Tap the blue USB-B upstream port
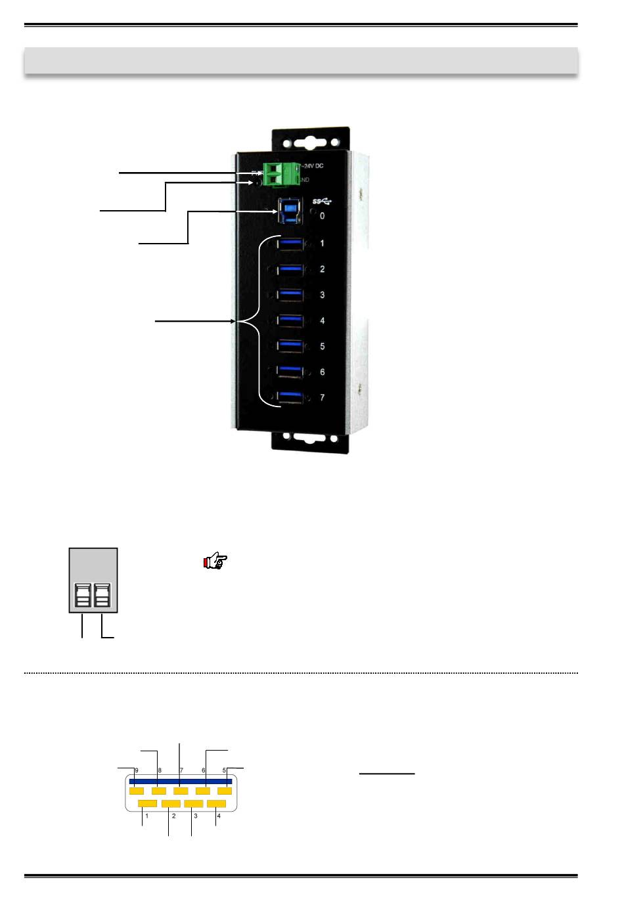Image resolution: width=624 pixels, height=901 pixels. (x=291, y=209)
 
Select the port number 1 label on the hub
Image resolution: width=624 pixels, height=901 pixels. (x=322, y=244)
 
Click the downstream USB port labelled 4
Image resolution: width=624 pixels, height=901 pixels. (x=290, y=320)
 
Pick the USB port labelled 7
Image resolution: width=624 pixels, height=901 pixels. (x=290, y=397)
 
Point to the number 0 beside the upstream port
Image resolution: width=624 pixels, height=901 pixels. (x=322, y=216)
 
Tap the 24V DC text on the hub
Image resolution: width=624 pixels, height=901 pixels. (x=313, y=165)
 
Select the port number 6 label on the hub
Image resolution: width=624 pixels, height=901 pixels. (x=322, y=372)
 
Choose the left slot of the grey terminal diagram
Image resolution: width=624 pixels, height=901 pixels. (x=83, y=596)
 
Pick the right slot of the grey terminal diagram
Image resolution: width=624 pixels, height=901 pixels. (x=102, y=596)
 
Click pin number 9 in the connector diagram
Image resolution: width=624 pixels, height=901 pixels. (x=136, y=770)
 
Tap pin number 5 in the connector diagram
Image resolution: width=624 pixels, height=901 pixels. (x=224, y=770)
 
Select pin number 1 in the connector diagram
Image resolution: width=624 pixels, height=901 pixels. (x=147, y=816)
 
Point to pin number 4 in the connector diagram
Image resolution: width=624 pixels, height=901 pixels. (x=219, y=816)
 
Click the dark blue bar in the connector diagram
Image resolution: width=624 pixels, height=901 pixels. (x=181, y=781)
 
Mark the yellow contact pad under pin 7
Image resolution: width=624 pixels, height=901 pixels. (x=181, y=791)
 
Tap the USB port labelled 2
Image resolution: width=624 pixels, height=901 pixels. (x=290, y=269)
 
